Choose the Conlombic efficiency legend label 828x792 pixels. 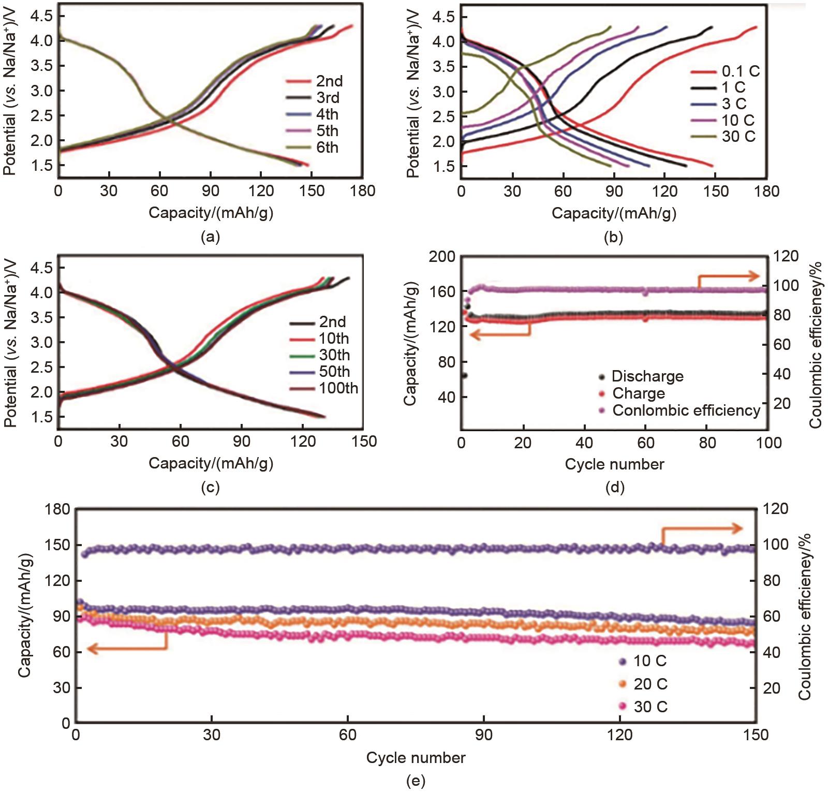pos(686,410)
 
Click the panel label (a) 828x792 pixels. pos(210,237)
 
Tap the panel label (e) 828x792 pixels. pos(416,781)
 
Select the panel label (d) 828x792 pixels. pos(614,487)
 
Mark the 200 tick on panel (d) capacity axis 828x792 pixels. pos(442,257)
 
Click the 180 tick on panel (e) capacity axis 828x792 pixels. pos(58,509)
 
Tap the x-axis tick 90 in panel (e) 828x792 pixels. pos(484,735)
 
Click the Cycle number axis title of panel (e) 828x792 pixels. pos(416,758)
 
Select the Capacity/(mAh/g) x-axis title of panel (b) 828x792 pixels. pos(614,213)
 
